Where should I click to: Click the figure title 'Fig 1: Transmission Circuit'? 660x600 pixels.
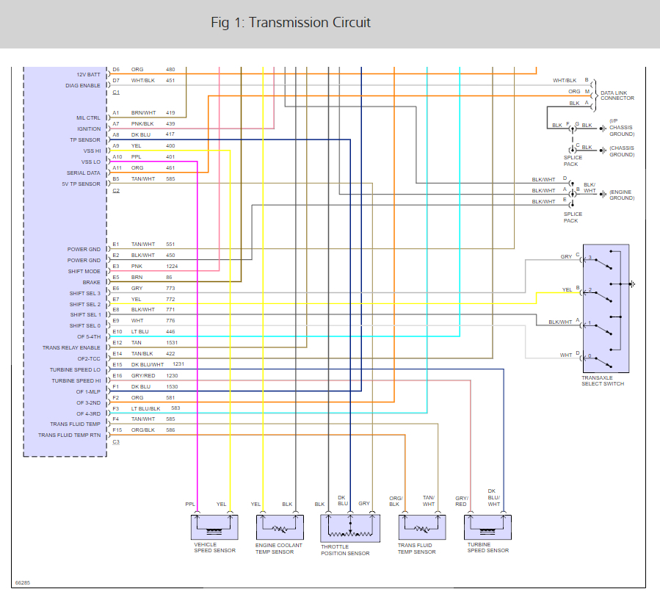coord(291,23)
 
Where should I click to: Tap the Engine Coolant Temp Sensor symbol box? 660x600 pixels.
coord(279,527)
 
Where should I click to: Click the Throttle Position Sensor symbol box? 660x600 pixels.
coord(350,528)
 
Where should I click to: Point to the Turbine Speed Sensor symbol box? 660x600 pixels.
coord(487,527)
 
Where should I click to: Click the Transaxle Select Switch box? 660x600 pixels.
coord(606,310)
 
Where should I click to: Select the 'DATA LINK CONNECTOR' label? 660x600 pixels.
coord(617,95)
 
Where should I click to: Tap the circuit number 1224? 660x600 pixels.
coord(172,266)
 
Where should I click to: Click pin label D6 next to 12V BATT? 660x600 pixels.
coord(116,69)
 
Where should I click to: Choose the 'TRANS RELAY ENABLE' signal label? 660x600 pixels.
coord(71,347)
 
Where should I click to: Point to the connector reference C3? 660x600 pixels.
coord(116,441)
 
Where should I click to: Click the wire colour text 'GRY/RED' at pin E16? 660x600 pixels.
coord(143,375)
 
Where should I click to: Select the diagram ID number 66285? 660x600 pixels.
coord(23,583)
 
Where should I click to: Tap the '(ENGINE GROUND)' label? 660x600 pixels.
coord(621,195)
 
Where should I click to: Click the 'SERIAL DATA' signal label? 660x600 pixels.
coord(83,173)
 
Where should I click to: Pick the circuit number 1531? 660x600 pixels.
coord(172,342)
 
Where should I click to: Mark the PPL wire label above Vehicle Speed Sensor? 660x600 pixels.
coord(189,505)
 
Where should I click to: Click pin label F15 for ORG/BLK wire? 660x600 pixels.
coord(117,430)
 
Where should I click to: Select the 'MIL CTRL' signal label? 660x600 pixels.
coord(88,118)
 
